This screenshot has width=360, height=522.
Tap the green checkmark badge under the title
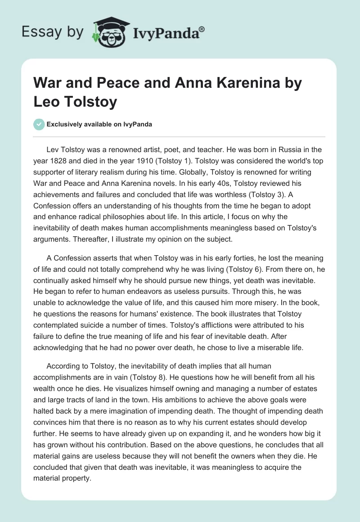click(39, 124)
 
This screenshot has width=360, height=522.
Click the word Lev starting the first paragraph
click(52, 150)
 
